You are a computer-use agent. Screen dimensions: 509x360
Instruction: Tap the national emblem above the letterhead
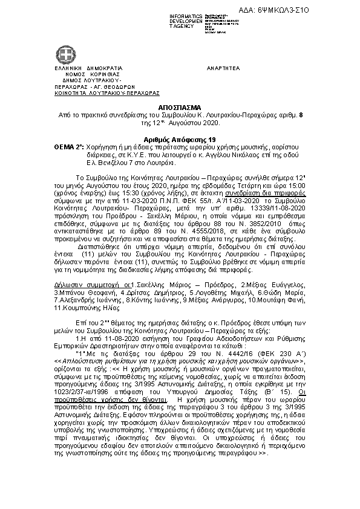pos(64,56)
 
